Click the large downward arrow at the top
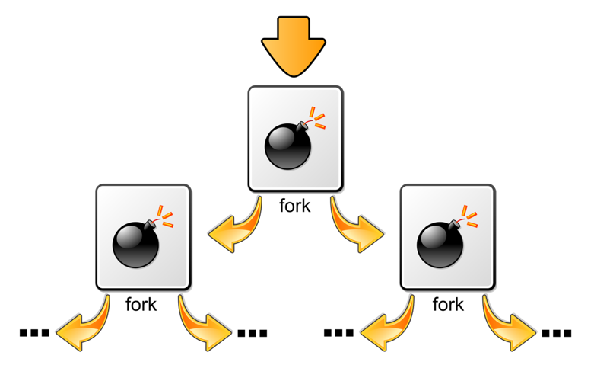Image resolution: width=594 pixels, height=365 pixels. coord(294,46)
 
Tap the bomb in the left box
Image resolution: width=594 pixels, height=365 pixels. coord(136,244)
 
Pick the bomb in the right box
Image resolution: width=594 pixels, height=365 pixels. coord(440,244)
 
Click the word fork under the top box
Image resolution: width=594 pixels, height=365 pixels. coord(295,206)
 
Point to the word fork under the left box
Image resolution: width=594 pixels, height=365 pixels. coord(141,304)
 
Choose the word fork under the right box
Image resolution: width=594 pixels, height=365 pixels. coord(448,304)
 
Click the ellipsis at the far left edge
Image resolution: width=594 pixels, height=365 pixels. coord(34,333)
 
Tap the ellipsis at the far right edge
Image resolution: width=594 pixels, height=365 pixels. coord(557,333)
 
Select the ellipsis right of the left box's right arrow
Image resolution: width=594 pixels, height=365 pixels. coord(253,333)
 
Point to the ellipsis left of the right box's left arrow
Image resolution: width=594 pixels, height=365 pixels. coord(338,333)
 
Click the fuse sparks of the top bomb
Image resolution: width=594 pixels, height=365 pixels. coord(317,117)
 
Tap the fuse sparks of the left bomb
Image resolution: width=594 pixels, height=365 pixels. coord(165,216)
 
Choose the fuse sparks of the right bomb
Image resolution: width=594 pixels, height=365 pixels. coord(469,216)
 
